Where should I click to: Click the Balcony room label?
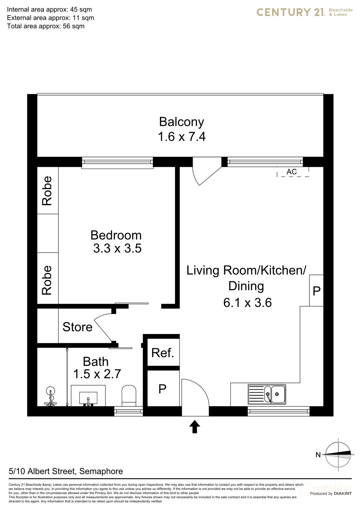point(181,122)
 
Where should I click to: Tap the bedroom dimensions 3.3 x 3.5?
point(117,248)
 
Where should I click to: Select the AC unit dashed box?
point(292,172)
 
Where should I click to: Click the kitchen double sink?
point(267,394)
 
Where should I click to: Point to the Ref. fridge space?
point(163,353)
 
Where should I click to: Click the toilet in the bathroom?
point(129,395)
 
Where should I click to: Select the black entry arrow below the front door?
point(195,427)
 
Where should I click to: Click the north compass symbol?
point(338,455)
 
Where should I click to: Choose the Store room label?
point(78,327)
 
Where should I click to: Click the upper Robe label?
point(47,191)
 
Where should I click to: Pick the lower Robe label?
point(47,280)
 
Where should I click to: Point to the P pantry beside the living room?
point(316,290)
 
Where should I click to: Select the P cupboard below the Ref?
point(163,389)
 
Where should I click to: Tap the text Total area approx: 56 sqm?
point(46,26)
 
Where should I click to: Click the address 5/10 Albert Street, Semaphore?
point(66,471)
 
